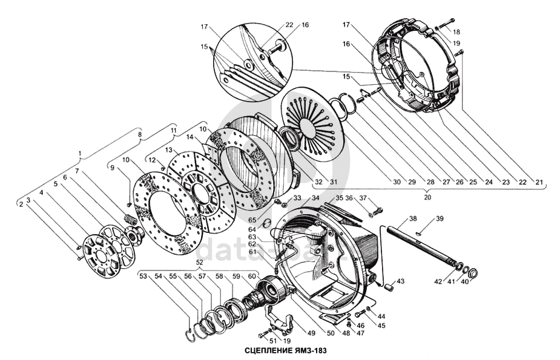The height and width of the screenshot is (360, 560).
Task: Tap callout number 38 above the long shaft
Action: click(x=413, y=218)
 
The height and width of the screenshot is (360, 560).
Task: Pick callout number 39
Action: click(x=440, y=218)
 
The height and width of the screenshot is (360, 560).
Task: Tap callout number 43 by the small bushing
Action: click(x=400, y=281)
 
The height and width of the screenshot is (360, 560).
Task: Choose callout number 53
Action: click(x=143, y=277)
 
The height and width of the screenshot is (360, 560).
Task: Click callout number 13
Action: click(x=169, y=149)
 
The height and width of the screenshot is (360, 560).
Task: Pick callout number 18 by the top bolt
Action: click(x=456, y=31)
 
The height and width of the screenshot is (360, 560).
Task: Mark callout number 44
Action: click(x=381, y=316)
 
